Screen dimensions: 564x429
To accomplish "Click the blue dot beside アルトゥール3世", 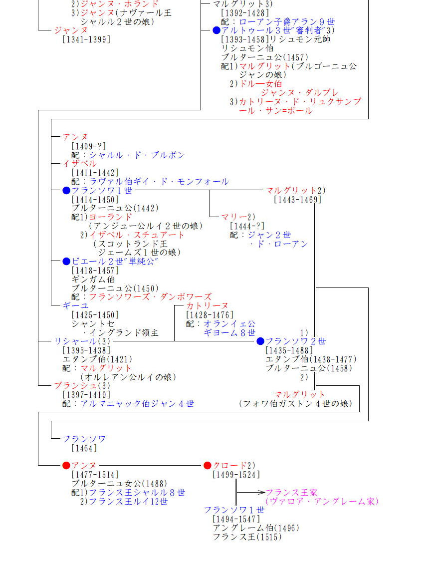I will click(216, 30).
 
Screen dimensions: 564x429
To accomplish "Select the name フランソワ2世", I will click(295, 341).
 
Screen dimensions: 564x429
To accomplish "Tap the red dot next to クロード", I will click(208, 466).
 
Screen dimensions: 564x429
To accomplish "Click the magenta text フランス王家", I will click(291, 493).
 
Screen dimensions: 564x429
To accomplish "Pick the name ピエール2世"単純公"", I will click(115, 262).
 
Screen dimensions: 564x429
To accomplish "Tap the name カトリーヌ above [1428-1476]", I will click(207, 305).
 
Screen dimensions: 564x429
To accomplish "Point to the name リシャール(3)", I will click(82, 341).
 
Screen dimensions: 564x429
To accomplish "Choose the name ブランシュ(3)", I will click(82, 386).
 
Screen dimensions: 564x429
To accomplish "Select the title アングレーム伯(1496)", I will click(256, 528).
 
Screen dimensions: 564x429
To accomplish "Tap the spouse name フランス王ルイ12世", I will click(128, 502).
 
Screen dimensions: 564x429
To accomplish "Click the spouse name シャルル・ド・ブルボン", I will click(137, 155).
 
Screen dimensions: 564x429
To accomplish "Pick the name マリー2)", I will click(238, 217).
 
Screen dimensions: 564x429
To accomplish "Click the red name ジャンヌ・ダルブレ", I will click(300, 92).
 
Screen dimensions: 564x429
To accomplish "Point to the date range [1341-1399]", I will click(86, 39).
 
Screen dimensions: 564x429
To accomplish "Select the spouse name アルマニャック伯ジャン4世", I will click(137, 404).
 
